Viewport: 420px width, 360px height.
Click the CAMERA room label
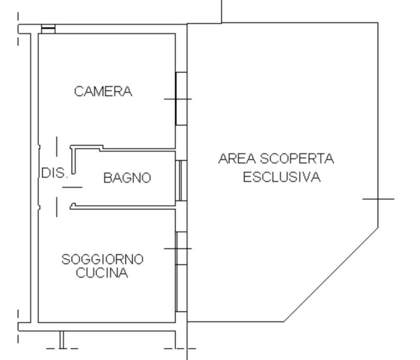point(103,91)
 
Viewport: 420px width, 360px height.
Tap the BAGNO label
point(127,178)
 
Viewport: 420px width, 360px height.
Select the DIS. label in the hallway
point(54,173)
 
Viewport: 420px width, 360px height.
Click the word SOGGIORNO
point(103,259)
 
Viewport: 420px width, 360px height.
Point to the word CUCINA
point(102,273)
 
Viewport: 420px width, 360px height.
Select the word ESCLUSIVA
point(282,177)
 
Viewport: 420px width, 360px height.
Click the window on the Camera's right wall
point(181,98)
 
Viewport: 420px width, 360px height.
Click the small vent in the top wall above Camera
point(48,29)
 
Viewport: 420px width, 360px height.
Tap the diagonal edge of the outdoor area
point(331,275)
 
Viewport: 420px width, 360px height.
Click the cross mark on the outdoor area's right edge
point(378,199)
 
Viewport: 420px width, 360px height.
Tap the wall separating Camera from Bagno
point(136,150)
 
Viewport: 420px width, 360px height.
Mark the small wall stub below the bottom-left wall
point(61,339)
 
